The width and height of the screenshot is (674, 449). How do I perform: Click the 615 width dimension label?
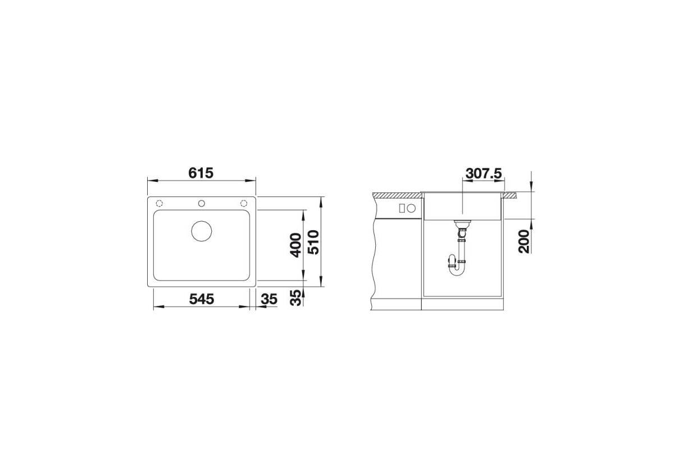201,173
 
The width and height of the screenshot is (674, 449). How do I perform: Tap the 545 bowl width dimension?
201,299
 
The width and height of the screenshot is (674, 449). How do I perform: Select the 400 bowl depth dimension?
295,245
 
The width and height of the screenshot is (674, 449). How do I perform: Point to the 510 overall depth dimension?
313,242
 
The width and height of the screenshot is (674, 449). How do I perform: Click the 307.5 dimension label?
484,173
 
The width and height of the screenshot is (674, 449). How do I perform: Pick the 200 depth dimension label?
524,241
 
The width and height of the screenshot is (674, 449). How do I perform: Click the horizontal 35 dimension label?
269,299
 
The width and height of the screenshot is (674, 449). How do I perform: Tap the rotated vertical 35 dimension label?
295,297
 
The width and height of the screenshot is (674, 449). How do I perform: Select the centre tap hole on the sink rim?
202,204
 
